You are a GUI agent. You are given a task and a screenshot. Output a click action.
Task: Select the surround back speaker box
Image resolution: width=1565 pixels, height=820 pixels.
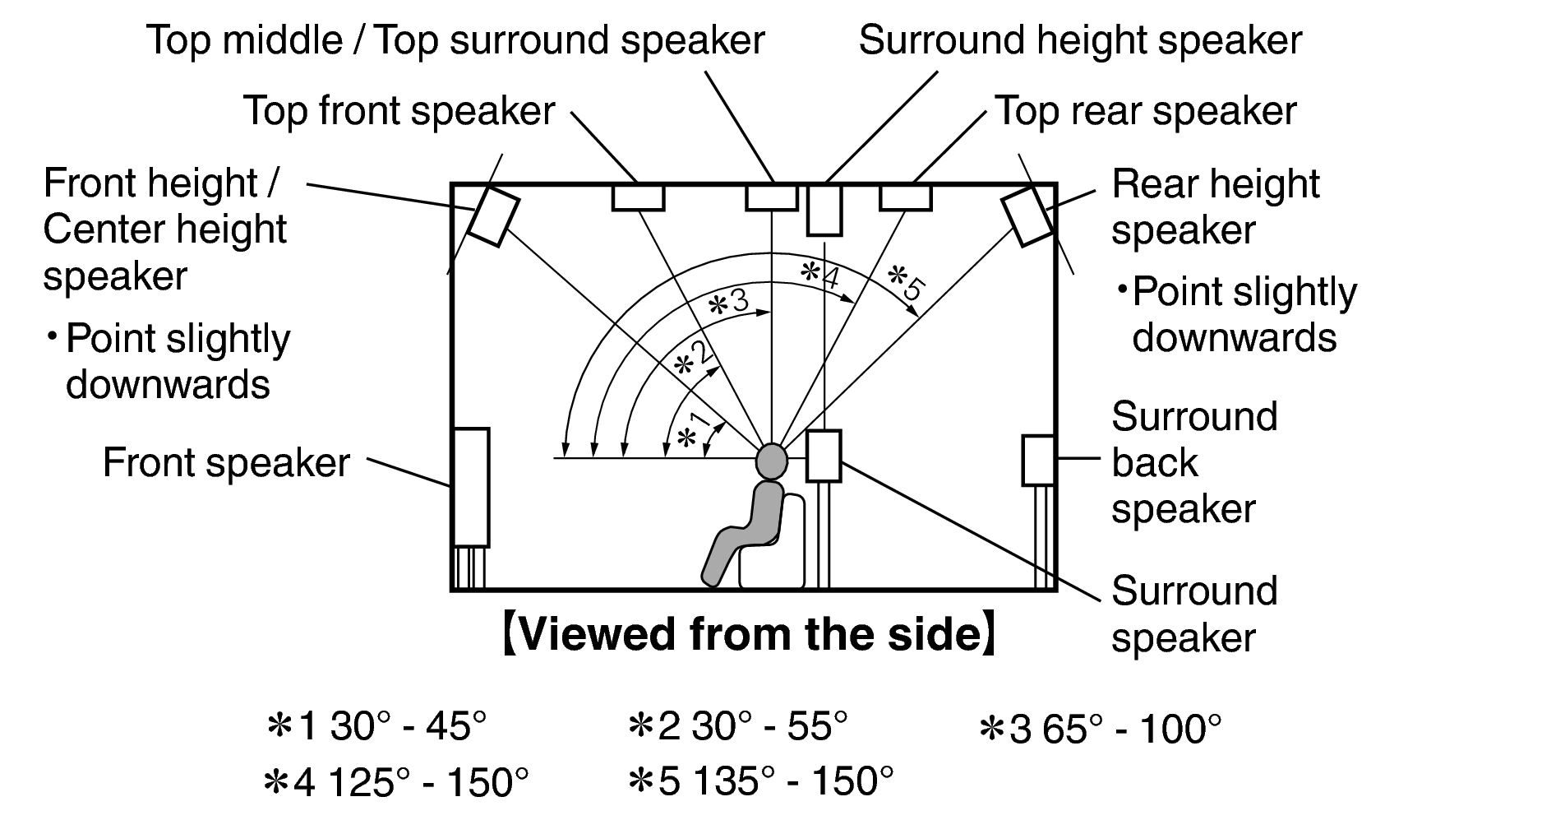pyautogui.click(x=1038, y=461)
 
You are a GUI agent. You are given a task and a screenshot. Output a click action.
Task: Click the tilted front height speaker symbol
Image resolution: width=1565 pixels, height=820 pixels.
pyautogui.click(x=494, y=216)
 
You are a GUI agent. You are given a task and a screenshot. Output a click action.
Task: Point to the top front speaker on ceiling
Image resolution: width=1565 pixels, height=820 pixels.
pyautogui.click(x=638, y=198)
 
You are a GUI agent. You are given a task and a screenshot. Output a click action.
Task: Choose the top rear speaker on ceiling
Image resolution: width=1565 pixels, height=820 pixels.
pyautogui.click(x=905, y=198)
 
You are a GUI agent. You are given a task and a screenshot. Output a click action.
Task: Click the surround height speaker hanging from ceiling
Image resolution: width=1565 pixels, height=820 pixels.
pyautogui.click(x=824, y=211)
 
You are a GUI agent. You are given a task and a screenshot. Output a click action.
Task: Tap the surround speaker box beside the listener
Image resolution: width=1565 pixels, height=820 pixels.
pyautogui.click(x=823, y=456)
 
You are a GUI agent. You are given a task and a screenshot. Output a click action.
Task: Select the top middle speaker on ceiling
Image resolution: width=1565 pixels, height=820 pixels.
pyautogui.click(x=771, y=198)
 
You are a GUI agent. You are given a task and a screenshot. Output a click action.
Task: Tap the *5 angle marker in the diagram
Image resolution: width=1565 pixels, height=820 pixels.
pyautogui.click(x=907, y=281)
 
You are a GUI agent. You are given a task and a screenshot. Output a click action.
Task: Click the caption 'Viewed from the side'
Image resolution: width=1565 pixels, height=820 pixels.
pyautogui.click(x=750, y=635)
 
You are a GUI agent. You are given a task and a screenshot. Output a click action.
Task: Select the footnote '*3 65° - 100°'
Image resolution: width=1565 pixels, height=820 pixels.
pyautogui.click(x=1100, y=728)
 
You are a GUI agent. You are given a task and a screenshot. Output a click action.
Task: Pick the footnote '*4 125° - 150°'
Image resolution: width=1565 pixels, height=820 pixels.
pyautogui.click(x=395, y=781)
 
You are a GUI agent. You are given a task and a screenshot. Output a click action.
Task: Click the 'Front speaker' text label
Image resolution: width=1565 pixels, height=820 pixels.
pyautogui.click(x=226, y=463)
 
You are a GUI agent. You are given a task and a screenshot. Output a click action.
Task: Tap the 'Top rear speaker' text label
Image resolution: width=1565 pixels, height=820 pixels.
pyautogui.click(x=1145, y=111)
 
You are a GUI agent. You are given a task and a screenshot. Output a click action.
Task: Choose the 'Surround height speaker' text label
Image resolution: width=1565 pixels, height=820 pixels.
pyautogui.click(x=1080, y=40)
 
